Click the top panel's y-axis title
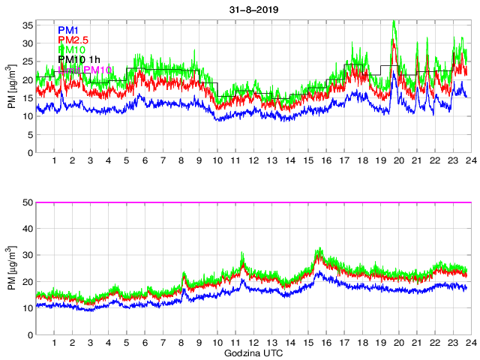pyautogui.click(x=13, y=88)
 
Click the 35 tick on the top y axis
pyautogui.click(x=27, y=25)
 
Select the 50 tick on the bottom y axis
pyautogui.click(x=27, y=202)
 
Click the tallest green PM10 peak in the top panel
pyautogui.click(x=394, y=22)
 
